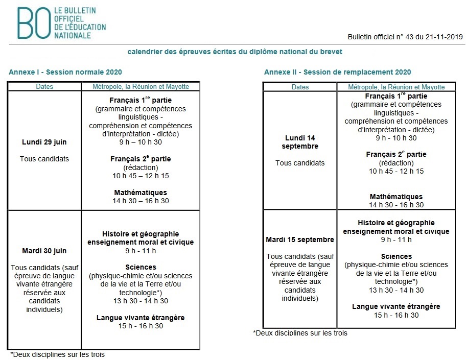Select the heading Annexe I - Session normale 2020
point(65,73)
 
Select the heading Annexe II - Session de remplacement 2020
point(337,73)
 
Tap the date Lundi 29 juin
point(44,142)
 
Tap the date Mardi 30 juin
point(44,251)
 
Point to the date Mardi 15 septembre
point(300,239)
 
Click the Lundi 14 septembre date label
point(300,142)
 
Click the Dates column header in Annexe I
point(44,87)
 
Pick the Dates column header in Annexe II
point(300,87)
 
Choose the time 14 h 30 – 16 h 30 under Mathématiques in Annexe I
point(141,201)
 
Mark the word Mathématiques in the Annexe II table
point(396,197)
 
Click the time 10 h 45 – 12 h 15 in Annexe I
point(141,176)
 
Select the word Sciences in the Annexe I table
point(141,267)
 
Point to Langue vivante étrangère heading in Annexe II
point(396,307)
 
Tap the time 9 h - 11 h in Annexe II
point(396,239)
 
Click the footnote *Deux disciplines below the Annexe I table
point(57,354)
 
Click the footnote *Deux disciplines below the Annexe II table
point(300,333)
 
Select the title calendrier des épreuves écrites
point(235,52)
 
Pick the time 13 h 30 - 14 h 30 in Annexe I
point(141,301)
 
